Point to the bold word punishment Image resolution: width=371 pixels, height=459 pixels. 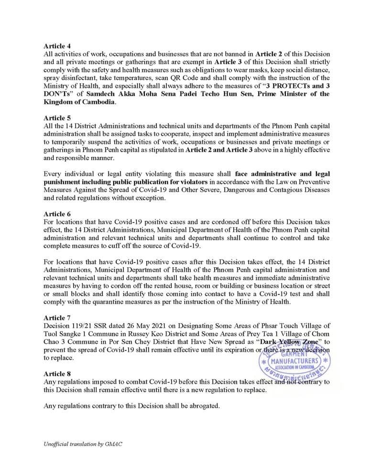click(64, 181)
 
